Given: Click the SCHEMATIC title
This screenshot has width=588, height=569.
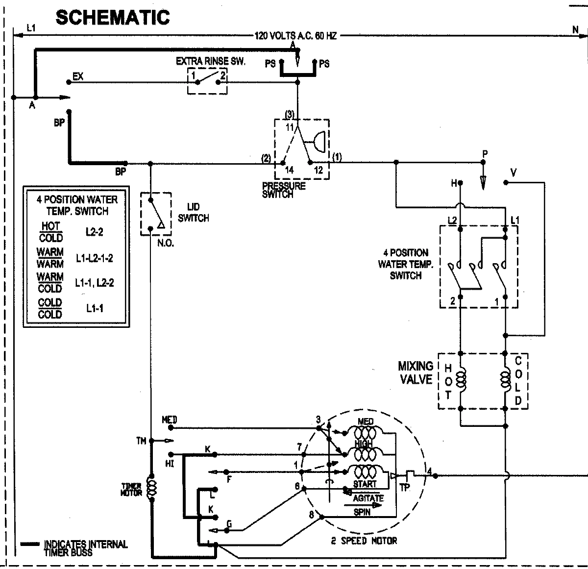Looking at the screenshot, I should (x=113, y=17).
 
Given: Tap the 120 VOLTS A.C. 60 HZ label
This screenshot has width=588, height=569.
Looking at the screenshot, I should (x=295, y=36).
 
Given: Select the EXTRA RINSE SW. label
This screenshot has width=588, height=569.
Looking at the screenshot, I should (x=211, y=61).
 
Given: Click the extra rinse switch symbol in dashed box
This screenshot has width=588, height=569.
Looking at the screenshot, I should (x=208, y=80).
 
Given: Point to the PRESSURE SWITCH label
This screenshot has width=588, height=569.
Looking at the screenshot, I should (x=284, y=190).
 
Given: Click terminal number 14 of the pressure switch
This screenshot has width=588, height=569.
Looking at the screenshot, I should (x=290, y=170).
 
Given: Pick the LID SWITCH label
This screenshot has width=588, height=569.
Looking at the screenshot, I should (x=194, y=213).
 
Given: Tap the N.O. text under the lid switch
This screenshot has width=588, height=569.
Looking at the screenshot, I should (x=166, y=244).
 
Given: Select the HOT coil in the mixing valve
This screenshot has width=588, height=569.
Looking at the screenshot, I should (x=461, y=380).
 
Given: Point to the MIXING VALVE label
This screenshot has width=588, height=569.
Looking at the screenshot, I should (x=416, y=373).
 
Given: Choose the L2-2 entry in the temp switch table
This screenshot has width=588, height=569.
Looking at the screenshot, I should (x=94, y=232).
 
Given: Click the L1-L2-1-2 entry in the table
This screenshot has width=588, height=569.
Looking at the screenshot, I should (x=94, y=258).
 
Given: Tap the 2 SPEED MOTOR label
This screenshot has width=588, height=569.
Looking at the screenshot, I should (x=364, y=541).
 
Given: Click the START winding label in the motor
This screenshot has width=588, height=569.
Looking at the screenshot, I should (x=365, y=484).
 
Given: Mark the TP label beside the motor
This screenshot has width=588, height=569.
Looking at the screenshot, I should (x=405, y=488).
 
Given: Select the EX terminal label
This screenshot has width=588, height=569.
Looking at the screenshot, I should (x=78, y=76).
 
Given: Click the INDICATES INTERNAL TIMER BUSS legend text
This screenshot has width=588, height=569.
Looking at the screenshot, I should (x=86, y=547).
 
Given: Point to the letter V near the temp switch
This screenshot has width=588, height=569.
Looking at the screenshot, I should (x=513, y=173).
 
